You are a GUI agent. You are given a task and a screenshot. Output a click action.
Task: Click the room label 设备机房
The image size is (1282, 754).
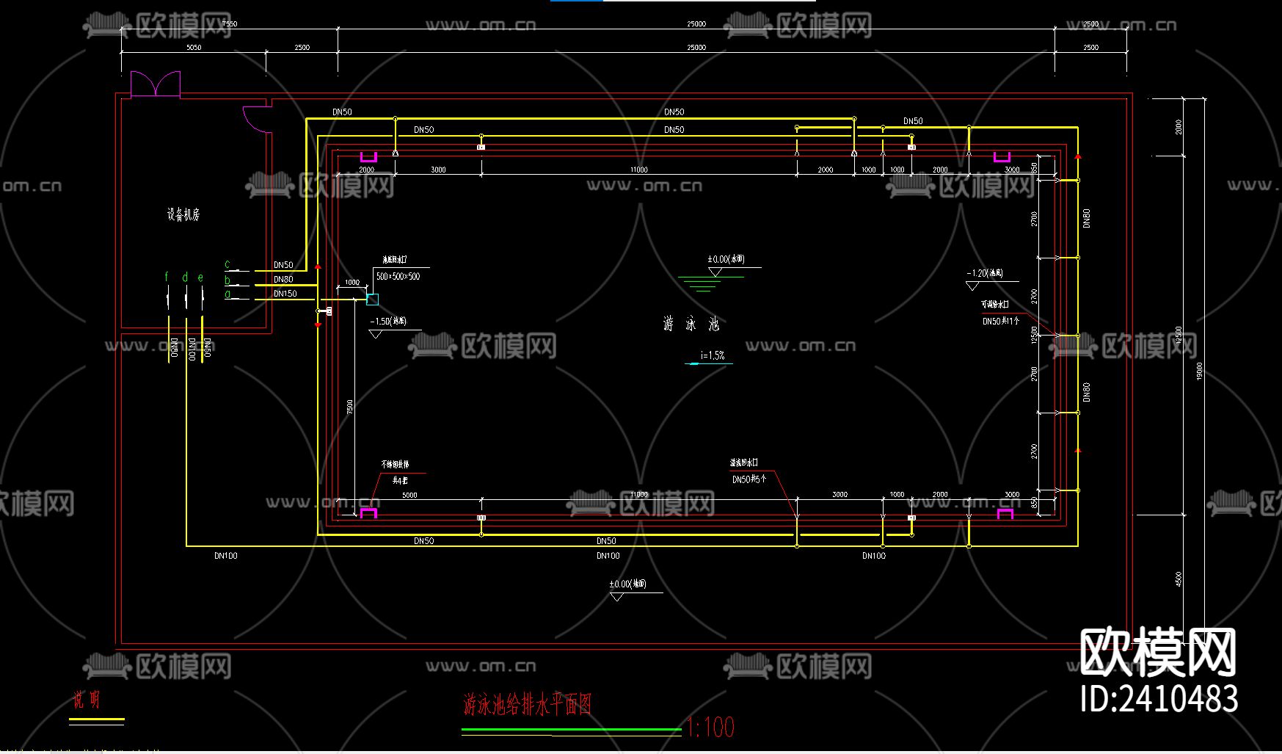pyautogui.click(x=183, y=215)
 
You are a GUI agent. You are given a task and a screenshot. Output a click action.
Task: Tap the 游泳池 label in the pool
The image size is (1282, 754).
pyautogui.click(x=691, y=324)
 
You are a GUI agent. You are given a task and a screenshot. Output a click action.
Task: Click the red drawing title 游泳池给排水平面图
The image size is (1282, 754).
pyautogui.click(x=528, y=705)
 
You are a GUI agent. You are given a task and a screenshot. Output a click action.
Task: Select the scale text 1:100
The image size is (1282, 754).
pyautogui.click(x=710, y=728)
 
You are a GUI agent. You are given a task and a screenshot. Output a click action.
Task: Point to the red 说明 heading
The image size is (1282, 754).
pyautogui.click(x=87, y=700)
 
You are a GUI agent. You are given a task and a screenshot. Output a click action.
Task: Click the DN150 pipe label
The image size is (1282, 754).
pyautogui.click(x=285, y=294)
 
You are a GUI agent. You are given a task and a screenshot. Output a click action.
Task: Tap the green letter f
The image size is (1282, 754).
pyautogui.click(x=167, y=277)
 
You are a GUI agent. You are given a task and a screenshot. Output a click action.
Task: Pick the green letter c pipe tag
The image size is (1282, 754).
pyautogui.click(x=227, y=264)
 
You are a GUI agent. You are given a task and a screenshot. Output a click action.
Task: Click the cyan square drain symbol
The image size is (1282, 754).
pyautogui.click(x=372, y=299)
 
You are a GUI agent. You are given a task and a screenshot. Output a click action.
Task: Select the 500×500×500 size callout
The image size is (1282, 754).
pyautogui.click(x=398, y=277)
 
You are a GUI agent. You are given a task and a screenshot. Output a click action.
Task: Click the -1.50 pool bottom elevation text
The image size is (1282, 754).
pyautogui.click(x=388, y=322)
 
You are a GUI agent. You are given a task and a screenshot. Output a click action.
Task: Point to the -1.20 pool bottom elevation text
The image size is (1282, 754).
pyautogui.click(x=985, y=273)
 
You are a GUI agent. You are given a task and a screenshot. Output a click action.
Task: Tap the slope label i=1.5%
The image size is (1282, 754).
pyautogui.click(x=712, y=355)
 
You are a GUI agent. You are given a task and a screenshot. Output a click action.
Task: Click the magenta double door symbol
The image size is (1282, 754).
pyautogui.click(x=156, y=84)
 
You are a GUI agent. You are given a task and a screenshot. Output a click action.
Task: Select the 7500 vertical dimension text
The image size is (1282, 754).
pyautogui.click(x=350, y=406)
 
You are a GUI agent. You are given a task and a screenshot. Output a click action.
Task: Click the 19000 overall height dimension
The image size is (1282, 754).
pyautogui.click(x=1199, y=371)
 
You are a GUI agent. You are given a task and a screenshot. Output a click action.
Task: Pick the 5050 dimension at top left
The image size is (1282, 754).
pyautogui.click(x=194, y=48)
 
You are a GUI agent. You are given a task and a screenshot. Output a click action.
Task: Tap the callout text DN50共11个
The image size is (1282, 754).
pyautogui.click(x=1001, y=322)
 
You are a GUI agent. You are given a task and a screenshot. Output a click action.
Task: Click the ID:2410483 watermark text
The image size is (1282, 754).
pyautogui.click(x=1159, y=698)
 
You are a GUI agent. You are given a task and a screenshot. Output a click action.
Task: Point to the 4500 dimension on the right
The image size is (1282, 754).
pyautogui.click(x=1179, y=579)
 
